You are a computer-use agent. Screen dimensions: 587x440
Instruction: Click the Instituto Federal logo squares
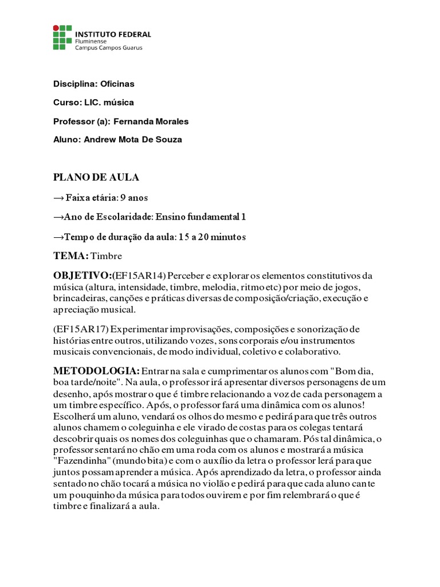coord(62,37)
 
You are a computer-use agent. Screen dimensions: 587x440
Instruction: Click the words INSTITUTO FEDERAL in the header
coord(113,34)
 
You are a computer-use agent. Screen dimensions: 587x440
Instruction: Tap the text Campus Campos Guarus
coord(109,48)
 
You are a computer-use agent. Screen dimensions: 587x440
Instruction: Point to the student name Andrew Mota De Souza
coord(133,139)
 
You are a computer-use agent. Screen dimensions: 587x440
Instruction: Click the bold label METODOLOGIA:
coord(96,371)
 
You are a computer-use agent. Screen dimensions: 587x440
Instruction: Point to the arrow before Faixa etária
coord(59,198)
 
